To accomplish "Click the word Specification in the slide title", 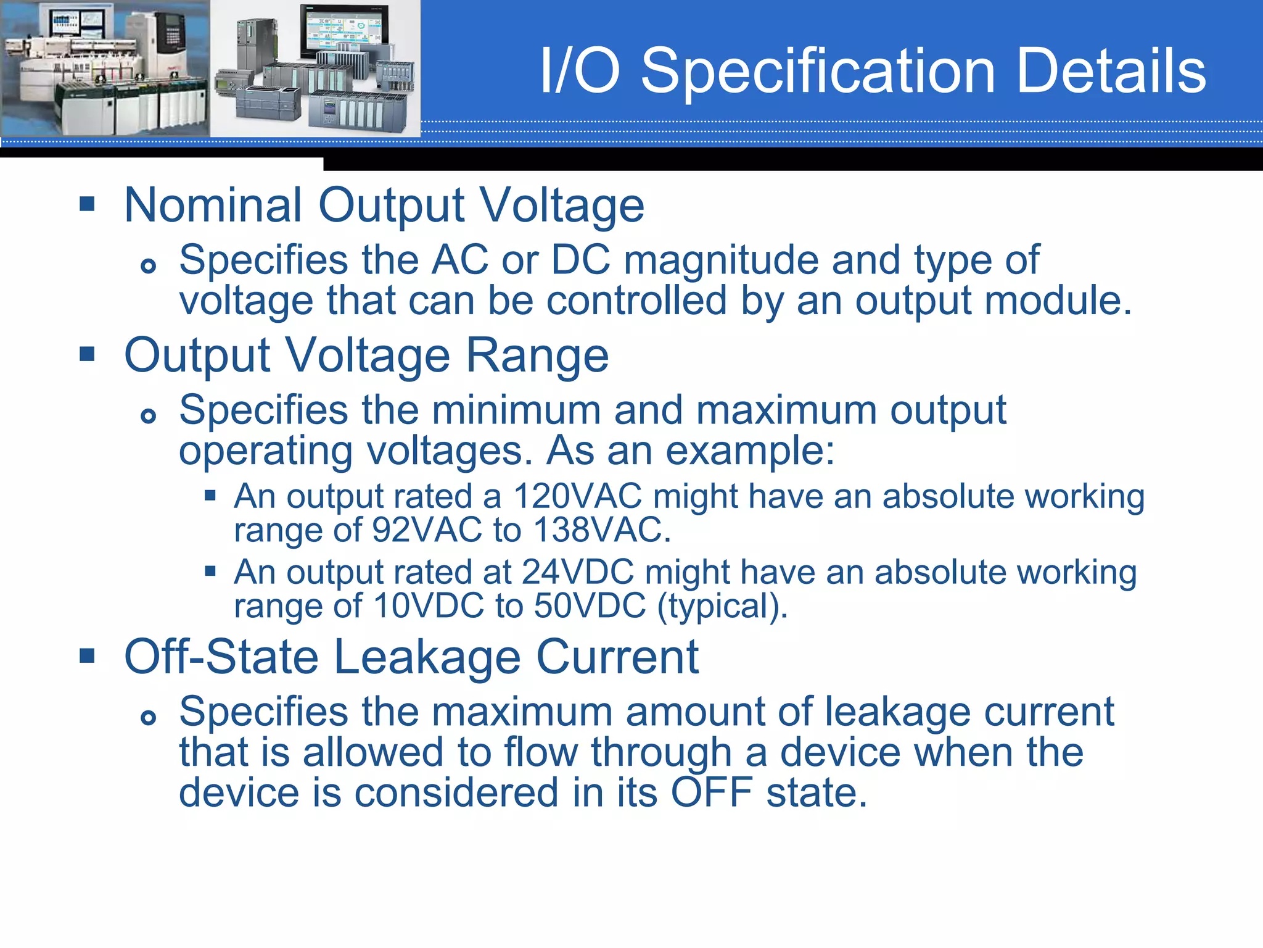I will (x=818, y=72).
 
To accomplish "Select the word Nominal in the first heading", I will (x=213, y=205).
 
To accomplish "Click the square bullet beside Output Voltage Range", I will (x=87, y=354).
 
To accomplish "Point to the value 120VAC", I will (x=577, y=496).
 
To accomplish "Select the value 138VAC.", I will (x=601, y=530).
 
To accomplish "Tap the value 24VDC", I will (x=577, y=572).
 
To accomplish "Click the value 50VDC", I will (x=590, y=605).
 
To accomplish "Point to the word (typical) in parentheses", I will (x=722, y=607).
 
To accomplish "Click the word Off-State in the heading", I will (x=221, y=657).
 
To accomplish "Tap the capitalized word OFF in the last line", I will (x=711, y=792).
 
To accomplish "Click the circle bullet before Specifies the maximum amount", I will (x=148, y=717).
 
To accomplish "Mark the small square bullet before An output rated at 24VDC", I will (x=210, y=571).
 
